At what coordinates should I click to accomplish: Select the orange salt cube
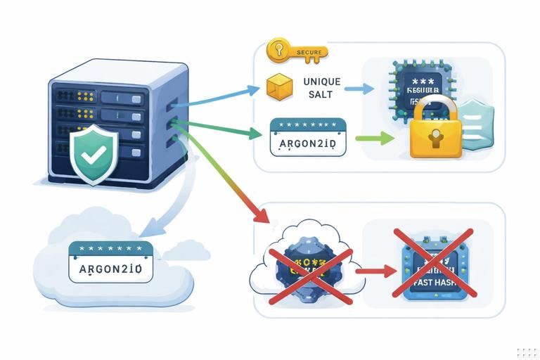278,88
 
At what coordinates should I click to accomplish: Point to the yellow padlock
435,130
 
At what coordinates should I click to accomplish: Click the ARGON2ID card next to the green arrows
308,137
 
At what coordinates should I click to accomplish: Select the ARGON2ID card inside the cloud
110,262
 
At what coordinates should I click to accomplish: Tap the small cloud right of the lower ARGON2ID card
186,250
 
